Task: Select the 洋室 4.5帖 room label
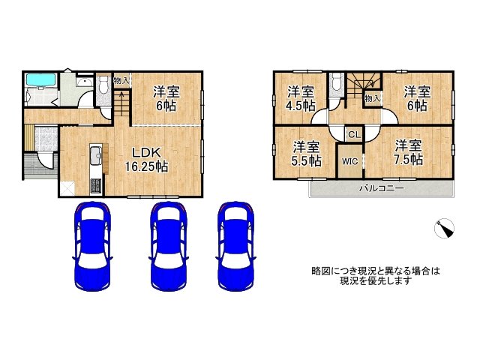300,98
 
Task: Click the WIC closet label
349,160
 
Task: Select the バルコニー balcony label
380,188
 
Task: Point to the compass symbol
445,229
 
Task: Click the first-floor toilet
103,88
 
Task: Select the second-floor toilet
337,84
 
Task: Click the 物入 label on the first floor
121,80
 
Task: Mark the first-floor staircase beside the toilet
121,105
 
